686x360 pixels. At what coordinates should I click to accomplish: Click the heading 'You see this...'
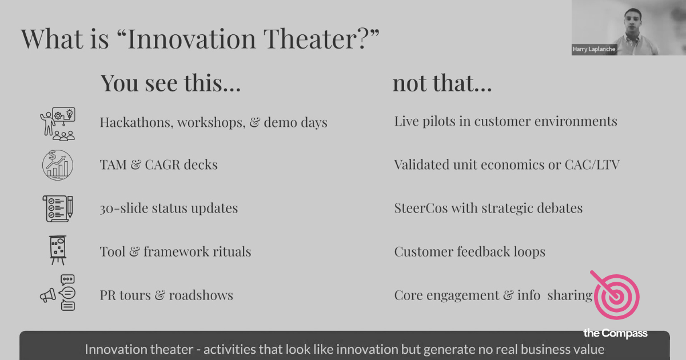(x=170, y=83)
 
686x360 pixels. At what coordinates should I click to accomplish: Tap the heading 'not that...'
(x=442, y=83)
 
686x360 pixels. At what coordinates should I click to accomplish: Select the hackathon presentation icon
(x=58, y=122)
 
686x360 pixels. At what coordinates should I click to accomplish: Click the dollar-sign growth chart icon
(x=58, y=165)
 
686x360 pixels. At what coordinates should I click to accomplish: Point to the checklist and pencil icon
(x=58, y=209)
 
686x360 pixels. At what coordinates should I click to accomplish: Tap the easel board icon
(x=58, y=250)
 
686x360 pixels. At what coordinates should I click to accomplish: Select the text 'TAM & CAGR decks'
(x=158, y=165)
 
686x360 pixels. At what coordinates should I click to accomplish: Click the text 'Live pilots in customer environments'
(x=505, y=122)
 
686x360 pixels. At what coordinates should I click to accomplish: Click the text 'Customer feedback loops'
(x=469, y=252)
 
